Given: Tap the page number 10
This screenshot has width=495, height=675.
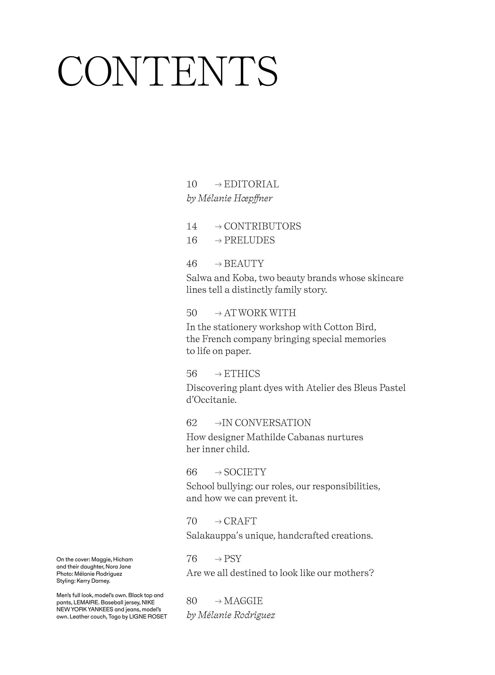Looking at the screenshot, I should point(192,184).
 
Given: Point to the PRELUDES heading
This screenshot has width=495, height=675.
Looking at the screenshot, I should point(249,240).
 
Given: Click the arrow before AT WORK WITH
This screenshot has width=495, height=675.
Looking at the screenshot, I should point(218,313).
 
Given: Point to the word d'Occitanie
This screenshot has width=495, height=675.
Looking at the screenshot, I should point(211,400).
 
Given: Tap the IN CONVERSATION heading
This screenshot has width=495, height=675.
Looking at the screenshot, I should point(266,423).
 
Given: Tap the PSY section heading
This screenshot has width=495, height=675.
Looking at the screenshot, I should point(233,559).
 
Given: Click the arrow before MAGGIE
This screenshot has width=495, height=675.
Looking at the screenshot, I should point(218,601).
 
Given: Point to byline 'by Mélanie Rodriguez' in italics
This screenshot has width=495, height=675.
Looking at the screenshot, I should point(231,615).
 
